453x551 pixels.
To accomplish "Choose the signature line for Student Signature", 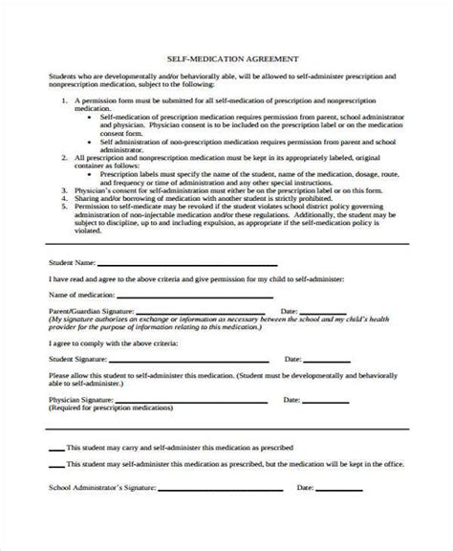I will [191, 360].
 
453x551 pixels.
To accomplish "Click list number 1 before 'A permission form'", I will [63, 99].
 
